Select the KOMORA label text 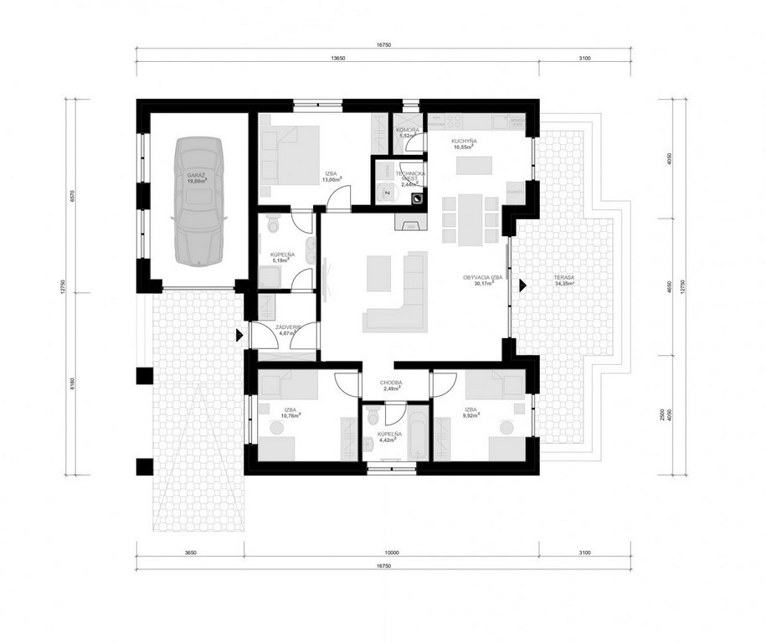tap(408, 130)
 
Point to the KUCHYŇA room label tap(463, 141)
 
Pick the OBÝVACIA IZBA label tap(482, 278)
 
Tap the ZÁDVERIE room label tap(287, 327)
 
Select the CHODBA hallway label tap(391, 383)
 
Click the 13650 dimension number tap(338, 59)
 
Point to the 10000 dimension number tap(391, 553)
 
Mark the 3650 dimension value tap(190, 553)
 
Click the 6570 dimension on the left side tap(74, 196)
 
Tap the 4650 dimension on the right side tap(669, 287)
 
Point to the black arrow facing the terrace tap(523, 285)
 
